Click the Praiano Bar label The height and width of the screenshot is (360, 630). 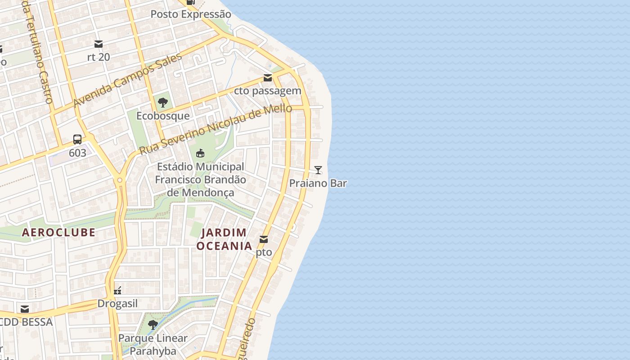(318, 183)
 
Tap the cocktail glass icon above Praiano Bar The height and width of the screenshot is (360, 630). (318, 170)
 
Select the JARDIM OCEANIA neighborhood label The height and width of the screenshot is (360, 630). (224, 239)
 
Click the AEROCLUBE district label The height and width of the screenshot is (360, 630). (58, 232)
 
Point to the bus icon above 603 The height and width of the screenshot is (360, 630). (77, 139)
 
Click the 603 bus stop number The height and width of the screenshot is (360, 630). (77, 153)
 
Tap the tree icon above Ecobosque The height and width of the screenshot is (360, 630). (163, 102)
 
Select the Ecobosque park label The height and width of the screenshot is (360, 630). (163, 116)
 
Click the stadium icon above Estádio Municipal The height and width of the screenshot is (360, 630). (200, 153)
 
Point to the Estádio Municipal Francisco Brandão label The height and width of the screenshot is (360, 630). (200, 180)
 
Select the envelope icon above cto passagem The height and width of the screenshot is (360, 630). (268, 78)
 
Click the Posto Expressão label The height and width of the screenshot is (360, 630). (191, 14)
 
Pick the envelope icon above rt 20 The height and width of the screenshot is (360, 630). (99, 44)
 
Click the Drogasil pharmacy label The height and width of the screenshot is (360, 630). (117, 304)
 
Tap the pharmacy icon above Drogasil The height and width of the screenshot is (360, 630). (117, 290)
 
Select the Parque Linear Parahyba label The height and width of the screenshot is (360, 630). (153, 344)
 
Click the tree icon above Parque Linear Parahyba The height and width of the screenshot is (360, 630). (153, 324)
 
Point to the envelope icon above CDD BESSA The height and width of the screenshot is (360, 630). (25, 309)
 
